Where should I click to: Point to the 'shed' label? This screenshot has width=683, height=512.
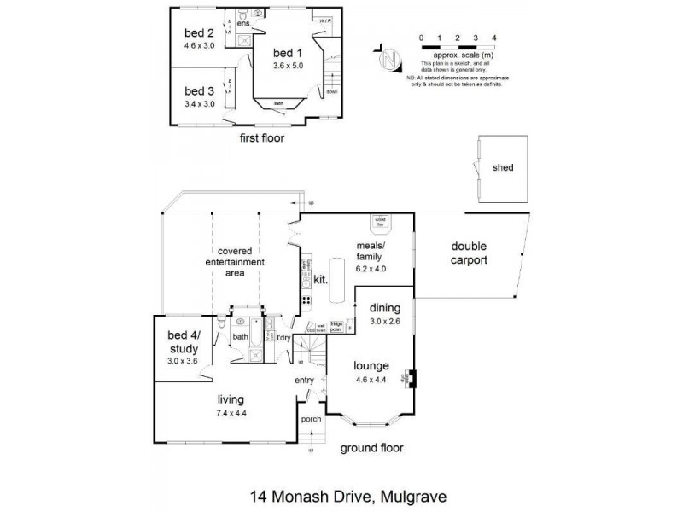[x=503, y=168]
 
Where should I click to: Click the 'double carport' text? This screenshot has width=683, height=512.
[x=469, y=253]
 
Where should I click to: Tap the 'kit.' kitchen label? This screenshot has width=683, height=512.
[x=321, y=279]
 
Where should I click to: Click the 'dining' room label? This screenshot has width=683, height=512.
[x=384, y=308]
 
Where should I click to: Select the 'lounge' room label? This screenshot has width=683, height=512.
[x=371, y=366]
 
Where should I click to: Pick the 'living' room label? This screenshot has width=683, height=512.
[x=231, y=399]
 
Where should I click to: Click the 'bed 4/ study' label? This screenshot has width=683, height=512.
[x=184, y=343]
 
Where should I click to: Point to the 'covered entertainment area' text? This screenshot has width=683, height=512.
[x=233, y=263]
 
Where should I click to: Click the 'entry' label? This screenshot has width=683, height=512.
[x=305, y=380]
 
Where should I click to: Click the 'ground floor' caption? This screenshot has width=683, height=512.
[x=371, y=448]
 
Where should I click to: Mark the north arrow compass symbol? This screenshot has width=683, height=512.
[x=389, y=60]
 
